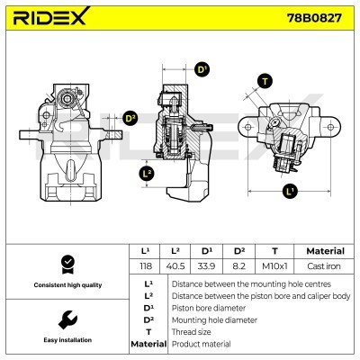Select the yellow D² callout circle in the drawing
(x=130, y=118)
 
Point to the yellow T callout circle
(x=264, y=82)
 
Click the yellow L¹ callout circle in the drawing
(x=290, y=192)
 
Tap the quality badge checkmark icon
(x=65, y=264)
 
